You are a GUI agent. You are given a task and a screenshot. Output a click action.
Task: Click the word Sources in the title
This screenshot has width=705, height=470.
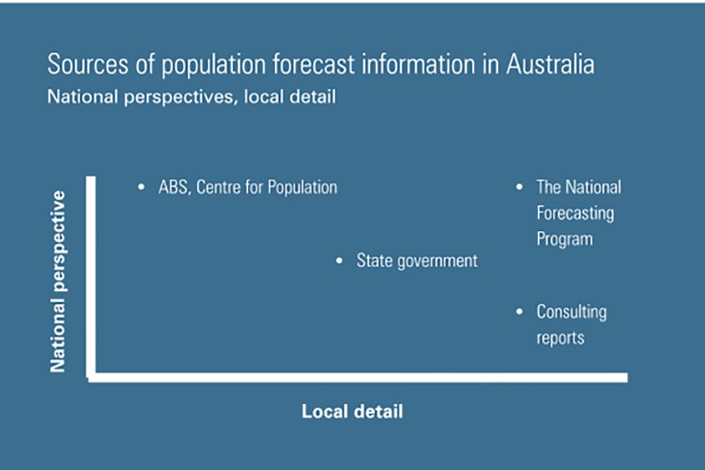click(x=88, y=65)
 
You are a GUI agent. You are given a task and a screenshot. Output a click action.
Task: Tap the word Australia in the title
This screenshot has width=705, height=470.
click(x=551, y=65)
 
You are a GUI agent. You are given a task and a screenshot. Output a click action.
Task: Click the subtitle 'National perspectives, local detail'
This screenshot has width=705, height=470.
click(x=191, y=97)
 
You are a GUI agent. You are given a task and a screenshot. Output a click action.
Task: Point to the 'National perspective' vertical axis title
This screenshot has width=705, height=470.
click(x=58, y=281)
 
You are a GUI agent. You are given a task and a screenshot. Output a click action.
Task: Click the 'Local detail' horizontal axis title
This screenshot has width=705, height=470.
click(x=352, y=411)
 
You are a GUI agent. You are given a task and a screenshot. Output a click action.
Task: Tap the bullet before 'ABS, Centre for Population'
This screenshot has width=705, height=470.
click(x=141, y=186)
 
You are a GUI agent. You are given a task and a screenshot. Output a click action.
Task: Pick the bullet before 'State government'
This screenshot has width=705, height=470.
click(x=339, y=261)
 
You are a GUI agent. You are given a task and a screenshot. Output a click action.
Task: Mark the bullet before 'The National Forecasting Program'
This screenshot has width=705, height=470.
click(x=519, y=186)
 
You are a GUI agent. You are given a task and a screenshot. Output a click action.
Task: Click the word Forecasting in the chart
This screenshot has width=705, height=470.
click(x=575, y=214)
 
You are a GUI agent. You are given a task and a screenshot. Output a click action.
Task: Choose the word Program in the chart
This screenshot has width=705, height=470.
click(x=565, y=239)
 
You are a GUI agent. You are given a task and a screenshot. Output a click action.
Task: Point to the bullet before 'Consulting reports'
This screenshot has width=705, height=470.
click(x=519, y=311)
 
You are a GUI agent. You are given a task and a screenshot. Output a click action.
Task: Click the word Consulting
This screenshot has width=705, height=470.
click(x=571, y=312)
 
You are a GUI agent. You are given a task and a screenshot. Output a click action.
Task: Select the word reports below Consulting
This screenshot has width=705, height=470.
click(x=560, y=339)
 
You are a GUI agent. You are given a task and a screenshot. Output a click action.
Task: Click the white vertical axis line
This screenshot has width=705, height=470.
click(x=91, y=277)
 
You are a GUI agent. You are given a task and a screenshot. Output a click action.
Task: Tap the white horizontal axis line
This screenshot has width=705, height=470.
click(x=358, y=377)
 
